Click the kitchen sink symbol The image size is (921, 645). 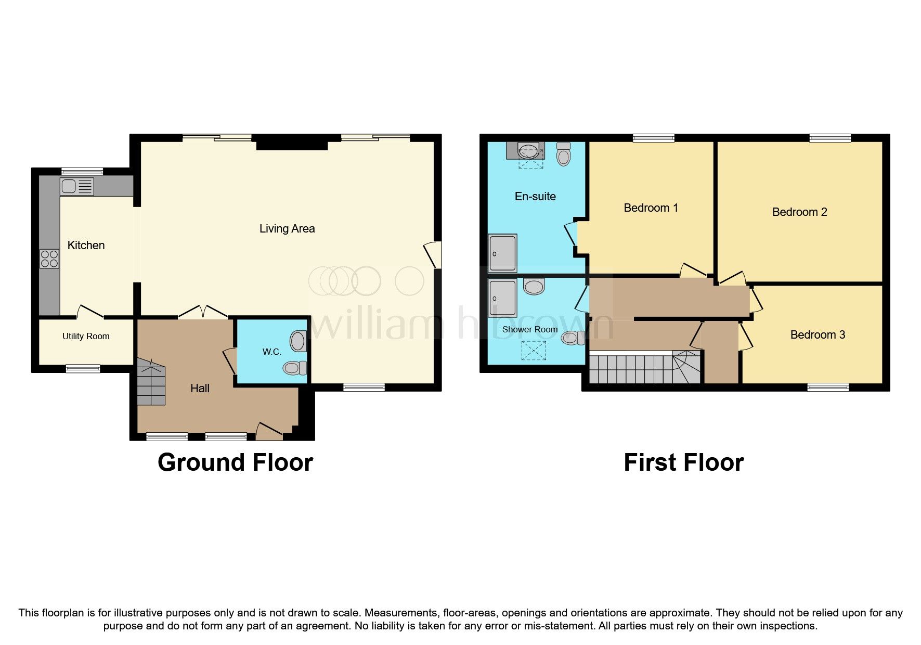[x=77, y=186]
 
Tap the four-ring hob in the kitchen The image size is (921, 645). [x=49, y=259]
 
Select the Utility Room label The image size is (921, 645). [x=86, y=337]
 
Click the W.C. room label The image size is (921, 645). [x=271, y=352]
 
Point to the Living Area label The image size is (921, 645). [x=287, y=229]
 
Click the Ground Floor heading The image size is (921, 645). [x=235, y=462]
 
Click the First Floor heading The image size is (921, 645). [x=683, y=462]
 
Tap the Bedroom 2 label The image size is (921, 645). [x=799, y=212]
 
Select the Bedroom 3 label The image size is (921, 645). [x=818, y=335]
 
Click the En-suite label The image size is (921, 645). [x=535, y=197]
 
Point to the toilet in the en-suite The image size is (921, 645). [x=563, y=154]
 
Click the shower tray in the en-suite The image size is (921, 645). [x=502, y=253]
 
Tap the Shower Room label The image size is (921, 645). [x=529, y=330]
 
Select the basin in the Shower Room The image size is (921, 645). [x=534, y=286]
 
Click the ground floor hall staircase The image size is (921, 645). [x=151, y=384]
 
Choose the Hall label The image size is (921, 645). [x=200, y=389]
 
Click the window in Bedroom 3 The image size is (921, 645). [x=828, y=387]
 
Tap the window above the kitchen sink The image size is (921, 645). [x=82, y=171]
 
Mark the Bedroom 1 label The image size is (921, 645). [x=651, y=208]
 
